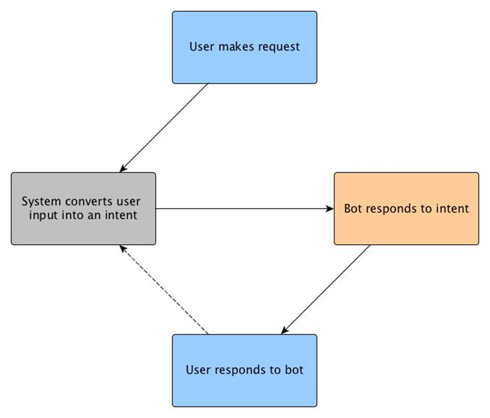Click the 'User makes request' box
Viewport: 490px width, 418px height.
pyautogui.click(x=244, y=47)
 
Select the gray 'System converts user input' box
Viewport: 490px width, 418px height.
pyautogui.click(x=83, y=208)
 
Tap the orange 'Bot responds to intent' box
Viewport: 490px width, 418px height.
pyautogui.click(x=406, y=208)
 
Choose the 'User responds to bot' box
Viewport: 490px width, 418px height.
pyautogui.click(x=244, y=370)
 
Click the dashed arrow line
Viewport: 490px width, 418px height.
pyautogui.click(x=164, y=289)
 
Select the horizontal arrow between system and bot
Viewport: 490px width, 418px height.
pyautogui.click(x=245, y=208)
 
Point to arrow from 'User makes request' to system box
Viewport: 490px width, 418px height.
pyautogui.click(x=164, y=128)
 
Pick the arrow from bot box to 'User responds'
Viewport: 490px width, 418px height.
pyautogui.click(x=326, y=289)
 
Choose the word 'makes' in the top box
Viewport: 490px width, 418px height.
pyautogui.click(x=237, y=47)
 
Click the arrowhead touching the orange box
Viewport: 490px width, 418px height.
pyautogui.click(x=330, y=208)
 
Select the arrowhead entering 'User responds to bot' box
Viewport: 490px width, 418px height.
pyautogui.click(x=284, y=331)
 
